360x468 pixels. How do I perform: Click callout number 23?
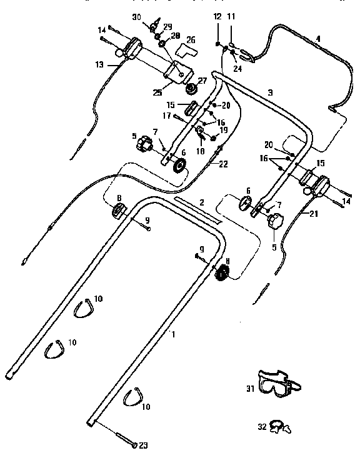click(x=144, y=445)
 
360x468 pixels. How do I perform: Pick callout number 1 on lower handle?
click(x=174, y=336)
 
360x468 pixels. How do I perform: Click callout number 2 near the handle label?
click(x=201, y=202)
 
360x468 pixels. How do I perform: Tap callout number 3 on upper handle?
click(x=270, y=92)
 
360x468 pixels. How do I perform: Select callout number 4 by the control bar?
click(x=317, y=39)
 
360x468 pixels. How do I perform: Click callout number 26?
click(x=191, y=40)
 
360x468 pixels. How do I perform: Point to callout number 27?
click(x=202, y=80)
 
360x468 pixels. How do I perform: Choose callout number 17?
click(x=167, y=115)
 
